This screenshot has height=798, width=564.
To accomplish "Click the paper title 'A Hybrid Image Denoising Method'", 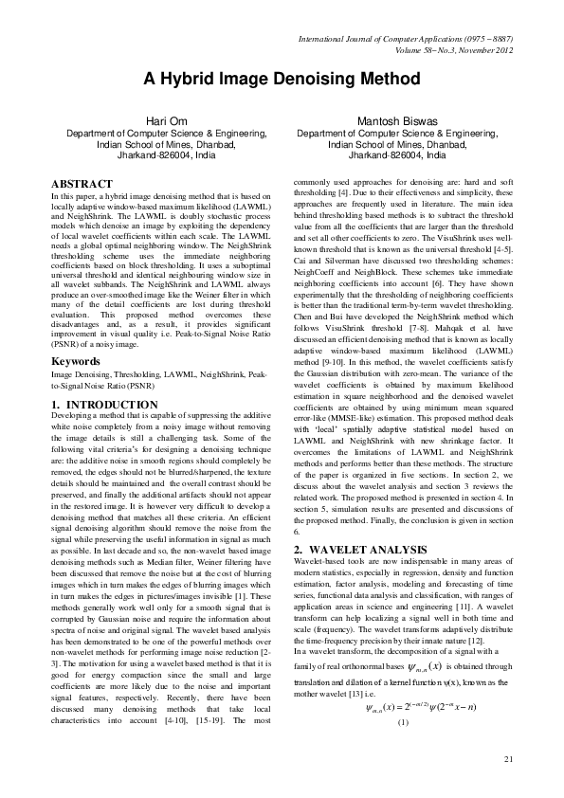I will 282,79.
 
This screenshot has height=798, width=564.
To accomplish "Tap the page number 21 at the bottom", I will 508,757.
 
